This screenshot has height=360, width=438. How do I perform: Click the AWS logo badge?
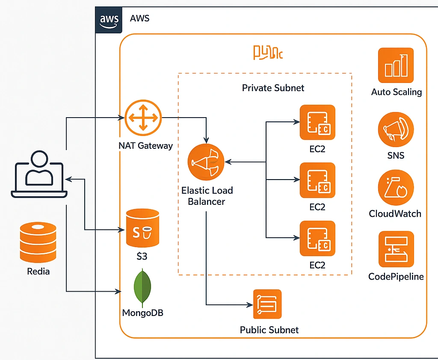click(109, 20)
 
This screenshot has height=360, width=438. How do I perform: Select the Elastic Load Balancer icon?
click(206, 162)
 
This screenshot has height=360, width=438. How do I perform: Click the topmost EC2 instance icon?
click(317, 122)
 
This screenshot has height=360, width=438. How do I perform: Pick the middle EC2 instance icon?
click(317, 180)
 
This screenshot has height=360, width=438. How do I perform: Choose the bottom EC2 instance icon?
click(317, 238)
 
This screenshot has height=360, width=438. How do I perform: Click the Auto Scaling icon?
click(396, 65)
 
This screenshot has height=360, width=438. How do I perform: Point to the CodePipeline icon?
click(396, 249)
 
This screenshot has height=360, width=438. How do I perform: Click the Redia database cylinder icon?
click(38, 242)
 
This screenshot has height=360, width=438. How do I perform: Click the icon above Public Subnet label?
click(267, 304)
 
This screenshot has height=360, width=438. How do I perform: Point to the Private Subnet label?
click(273, 88)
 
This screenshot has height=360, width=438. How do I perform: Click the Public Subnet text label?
click(269, 330)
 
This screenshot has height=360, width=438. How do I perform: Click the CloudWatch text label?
click(395, 213)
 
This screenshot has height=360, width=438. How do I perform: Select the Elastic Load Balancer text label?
click(207, 195)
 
